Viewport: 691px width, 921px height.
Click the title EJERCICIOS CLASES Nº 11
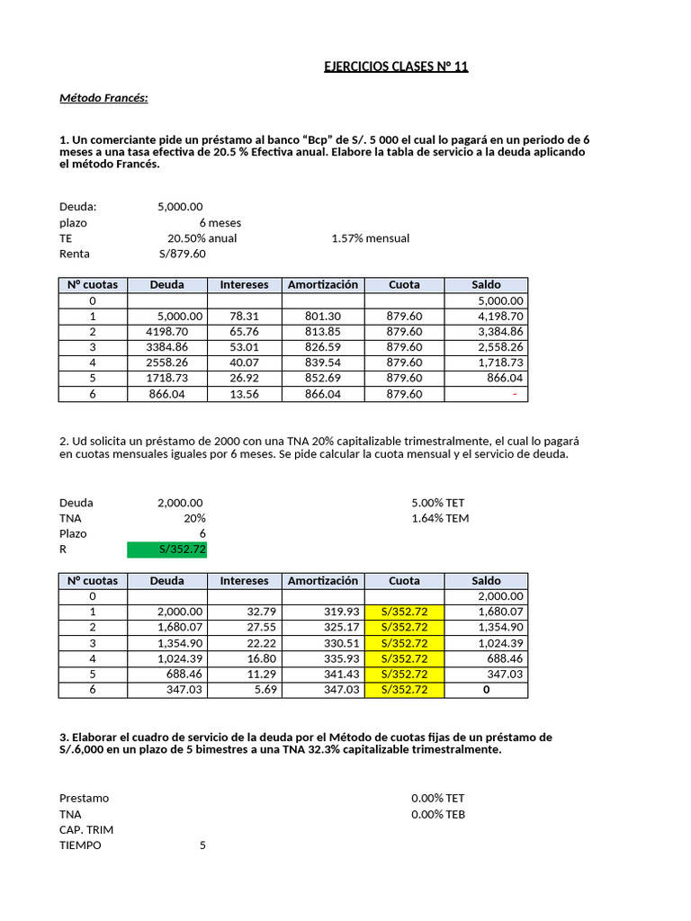tap(396, 67)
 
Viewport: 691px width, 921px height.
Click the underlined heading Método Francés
tap(103, 98)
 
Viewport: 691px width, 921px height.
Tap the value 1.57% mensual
tap(370, 238)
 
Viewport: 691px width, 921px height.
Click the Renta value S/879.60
tap(182, 254)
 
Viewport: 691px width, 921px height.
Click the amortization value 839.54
tap(323, 362)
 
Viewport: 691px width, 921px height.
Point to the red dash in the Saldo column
tap(514, 394)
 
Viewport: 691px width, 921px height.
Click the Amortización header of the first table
tap(323, 285)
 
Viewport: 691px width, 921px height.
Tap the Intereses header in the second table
tap(244, 581)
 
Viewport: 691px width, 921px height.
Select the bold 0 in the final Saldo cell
tap(487, 690)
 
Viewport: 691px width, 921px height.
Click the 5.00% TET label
tap(437, 503)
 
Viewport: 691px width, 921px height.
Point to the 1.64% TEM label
tap(439, 518)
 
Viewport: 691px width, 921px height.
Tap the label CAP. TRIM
tap(86, 829)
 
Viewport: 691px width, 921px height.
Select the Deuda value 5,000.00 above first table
tap(180, 207)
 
